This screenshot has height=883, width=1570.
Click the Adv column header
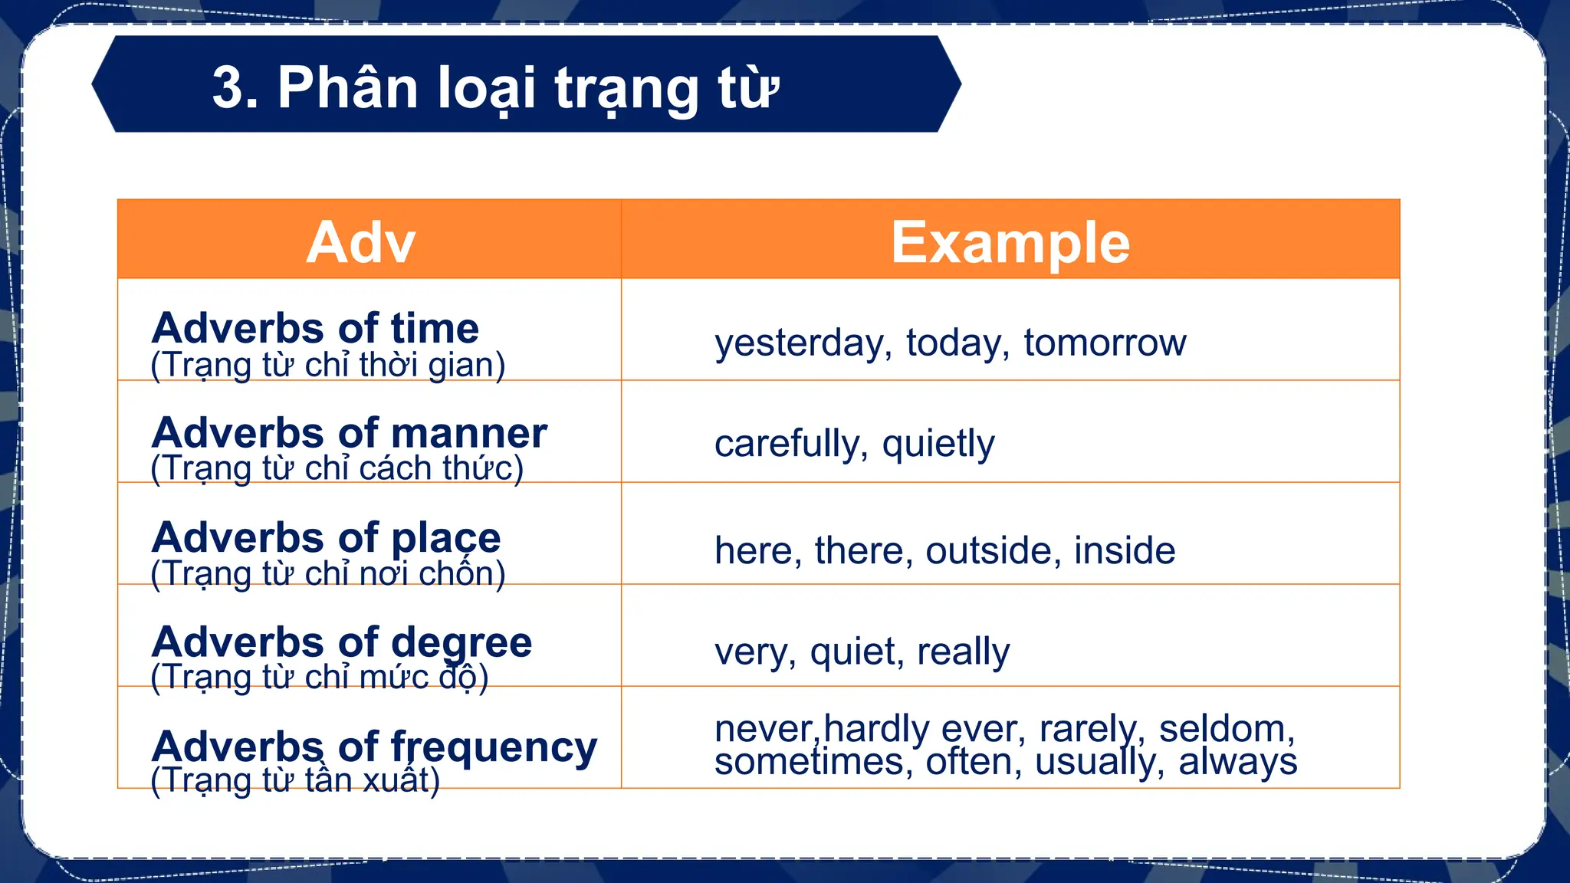[x=360, y=242]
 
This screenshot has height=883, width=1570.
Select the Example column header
[x=1010, y=242]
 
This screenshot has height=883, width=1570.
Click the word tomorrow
[x=1105, y=343]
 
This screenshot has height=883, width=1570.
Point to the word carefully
[x=790, y=444]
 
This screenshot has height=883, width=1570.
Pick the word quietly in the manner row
[x=938, y=444]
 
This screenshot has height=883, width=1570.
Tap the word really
[x=963, y=652]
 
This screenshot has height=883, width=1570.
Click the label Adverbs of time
[x=315, y=328]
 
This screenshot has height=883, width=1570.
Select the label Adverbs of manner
[x=350, y=433]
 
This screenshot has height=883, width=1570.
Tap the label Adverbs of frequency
[x=374, y=747]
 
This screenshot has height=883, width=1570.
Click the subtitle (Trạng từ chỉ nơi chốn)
[x=328, y=573]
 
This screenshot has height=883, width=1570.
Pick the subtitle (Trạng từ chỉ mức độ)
[x=320, y=678]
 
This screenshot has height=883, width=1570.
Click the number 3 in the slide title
[x=229, y=87]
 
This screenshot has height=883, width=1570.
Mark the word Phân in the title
[x=347, y=87]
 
